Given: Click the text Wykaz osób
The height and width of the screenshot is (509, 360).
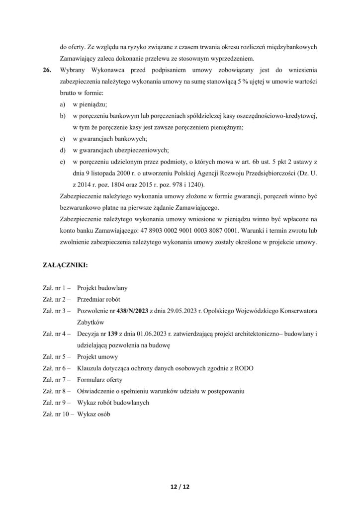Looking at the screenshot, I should coord(94,414).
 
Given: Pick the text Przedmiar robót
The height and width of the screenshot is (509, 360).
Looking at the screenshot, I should coord(99,299).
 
